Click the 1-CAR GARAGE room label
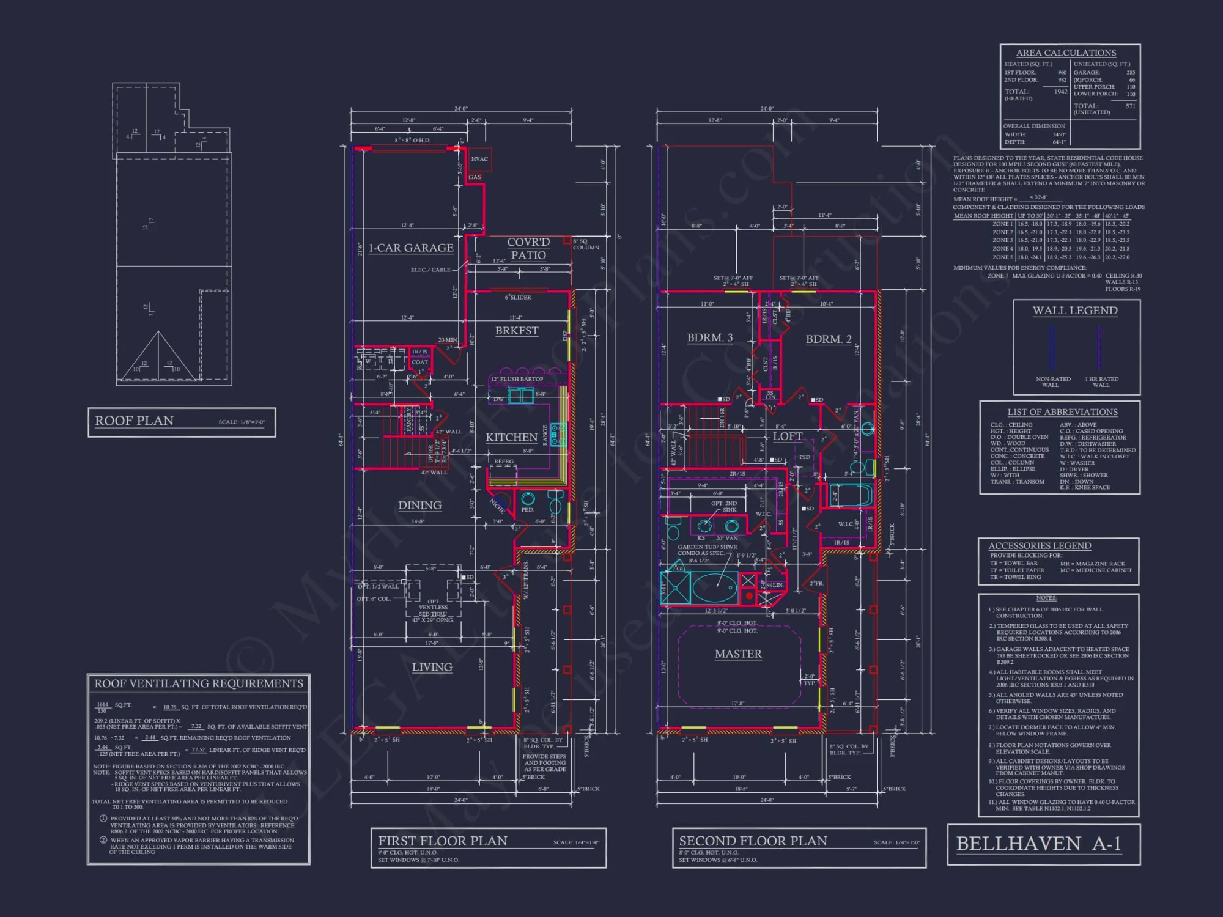coord(410,248)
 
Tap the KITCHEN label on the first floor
coord(511,437)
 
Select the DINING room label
coord(419,505)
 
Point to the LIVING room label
coord(432,667)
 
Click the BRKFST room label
coord(517,331)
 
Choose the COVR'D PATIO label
coord(528,249)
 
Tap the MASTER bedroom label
coord(738,654)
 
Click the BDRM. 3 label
coord(709,337)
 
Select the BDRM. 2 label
coord(828,339)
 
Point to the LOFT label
coord(787,436)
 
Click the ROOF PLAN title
coord(134,421)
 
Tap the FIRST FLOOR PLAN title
coord(442,841)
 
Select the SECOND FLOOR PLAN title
coord(753,841)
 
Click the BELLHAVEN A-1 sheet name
coord(1038,844)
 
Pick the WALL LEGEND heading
coord(1075,311)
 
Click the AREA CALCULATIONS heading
coord(1066,53)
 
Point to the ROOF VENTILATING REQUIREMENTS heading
coord(199,683)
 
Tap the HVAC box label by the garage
coord(479,159)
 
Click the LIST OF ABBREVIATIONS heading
coord(1062,412)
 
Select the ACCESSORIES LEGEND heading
coord(1040,546)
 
